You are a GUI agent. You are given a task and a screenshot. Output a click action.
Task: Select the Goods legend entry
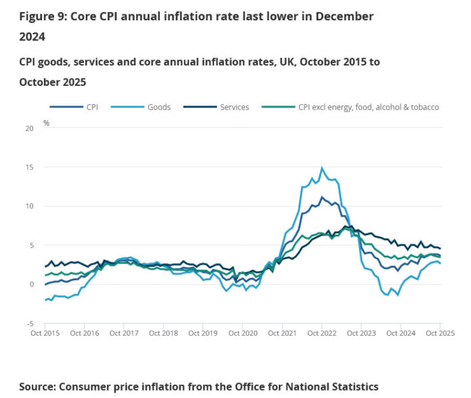159,107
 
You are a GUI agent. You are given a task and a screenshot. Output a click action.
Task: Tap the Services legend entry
234,107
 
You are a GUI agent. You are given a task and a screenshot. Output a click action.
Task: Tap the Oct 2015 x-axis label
45,333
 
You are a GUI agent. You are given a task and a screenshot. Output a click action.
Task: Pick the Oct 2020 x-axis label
242,333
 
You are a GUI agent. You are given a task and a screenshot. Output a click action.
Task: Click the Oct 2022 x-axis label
321,333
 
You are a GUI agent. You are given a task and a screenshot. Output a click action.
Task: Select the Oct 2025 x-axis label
439,333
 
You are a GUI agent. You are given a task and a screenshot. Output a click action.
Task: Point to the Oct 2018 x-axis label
163,333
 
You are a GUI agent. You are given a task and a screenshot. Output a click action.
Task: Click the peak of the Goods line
322,168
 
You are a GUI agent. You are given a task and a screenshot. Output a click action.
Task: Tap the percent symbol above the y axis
46,123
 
